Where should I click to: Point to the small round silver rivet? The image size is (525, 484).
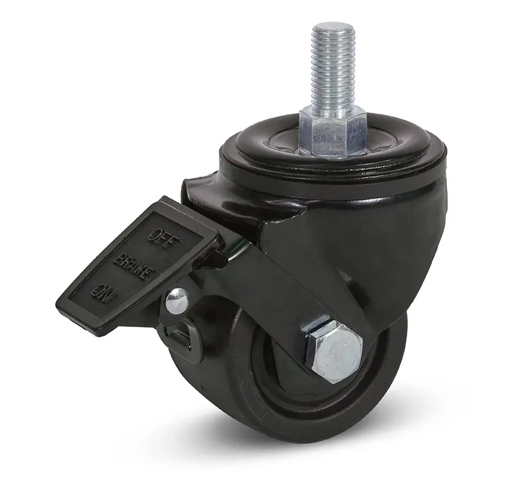pos(177,302)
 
